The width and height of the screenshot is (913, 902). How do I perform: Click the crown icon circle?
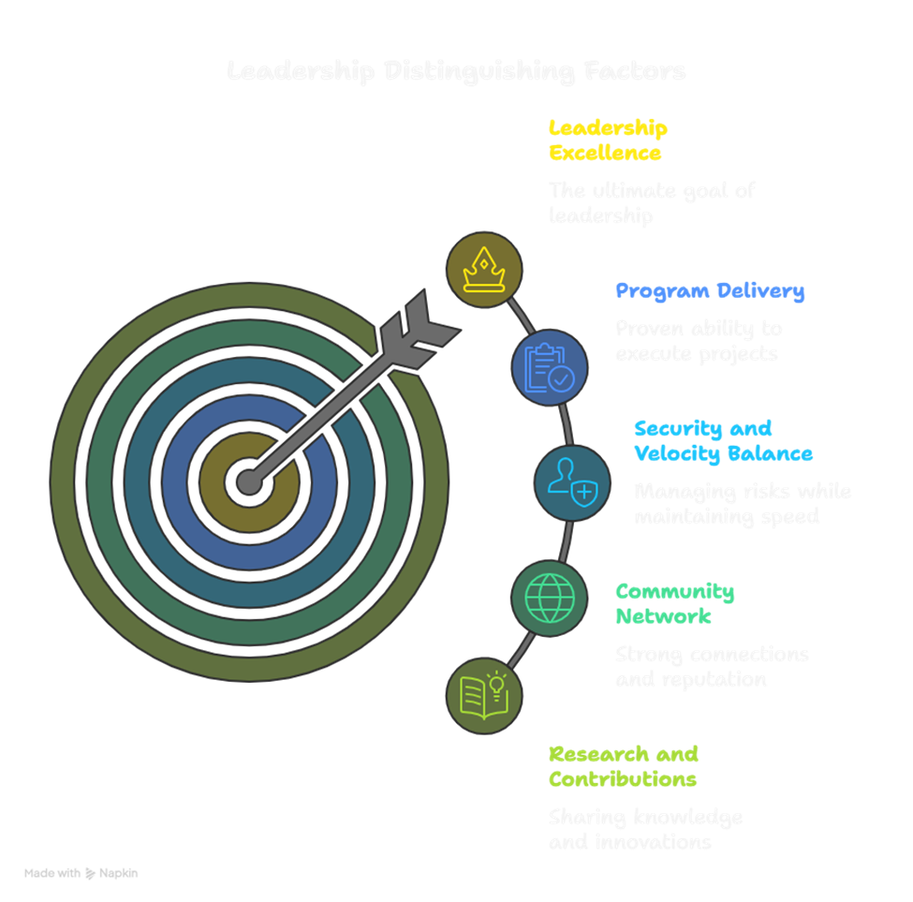pos(484,270)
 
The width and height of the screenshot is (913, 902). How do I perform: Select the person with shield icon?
pos(572,483)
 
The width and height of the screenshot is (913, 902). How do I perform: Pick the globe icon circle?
pos(550,598)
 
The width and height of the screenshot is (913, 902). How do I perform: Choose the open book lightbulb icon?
pos(484,695)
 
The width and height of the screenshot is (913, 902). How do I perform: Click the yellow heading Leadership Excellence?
pos(608,140)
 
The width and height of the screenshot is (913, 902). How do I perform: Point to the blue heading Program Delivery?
pos(710,290)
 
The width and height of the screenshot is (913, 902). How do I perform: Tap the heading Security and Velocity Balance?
pos(723,441)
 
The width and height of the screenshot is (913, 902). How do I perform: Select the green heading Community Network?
pos(674,604)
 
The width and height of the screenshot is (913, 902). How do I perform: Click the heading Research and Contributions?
pos(623,766)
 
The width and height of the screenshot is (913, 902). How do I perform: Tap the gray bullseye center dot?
pos(249,482)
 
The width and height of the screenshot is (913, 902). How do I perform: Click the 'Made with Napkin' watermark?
pos(81,873)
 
